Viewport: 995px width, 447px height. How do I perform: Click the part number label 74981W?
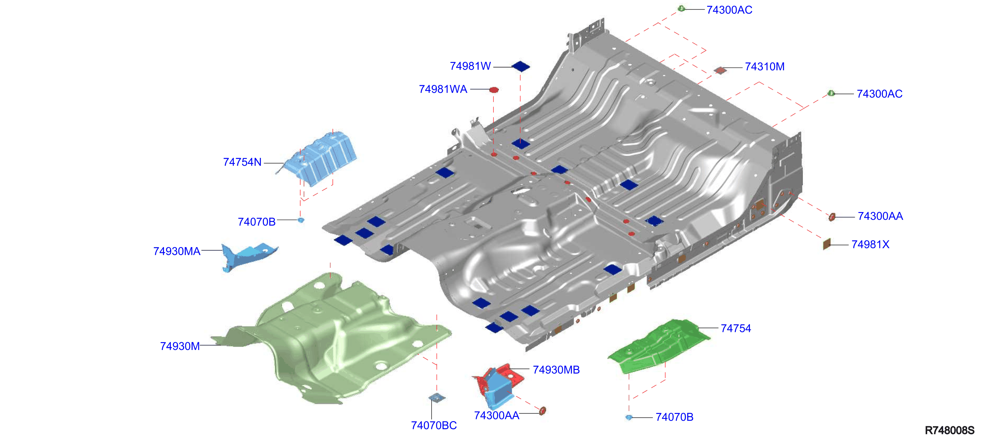470,66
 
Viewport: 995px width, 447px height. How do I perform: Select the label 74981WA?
443,89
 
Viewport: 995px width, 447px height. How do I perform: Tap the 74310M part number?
764,67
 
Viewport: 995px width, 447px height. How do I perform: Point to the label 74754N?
242,162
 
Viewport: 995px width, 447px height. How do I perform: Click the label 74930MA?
177,251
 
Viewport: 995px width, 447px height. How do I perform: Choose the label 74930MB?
556,370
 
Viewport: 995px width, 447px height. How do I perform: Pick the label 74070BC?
434,425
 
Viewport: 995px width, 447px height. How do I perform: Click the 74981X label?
870,245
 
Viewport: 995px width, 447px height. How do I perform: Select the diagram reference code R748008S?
949,430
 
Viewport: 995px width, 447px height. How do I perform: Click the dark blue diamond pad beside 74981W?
521,66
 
